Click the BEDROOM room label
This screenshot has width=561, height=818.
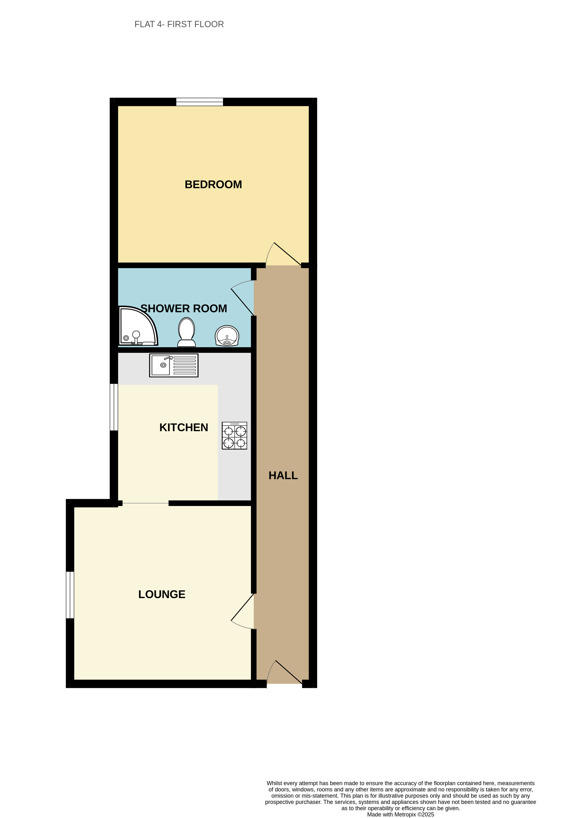pos(213,185)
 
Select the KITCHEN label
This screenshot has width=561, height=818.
pos(184,427)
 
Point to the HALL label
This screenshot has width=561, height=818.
pos(283,476)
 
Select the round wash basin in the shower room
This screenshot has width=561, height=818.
pos(227,335)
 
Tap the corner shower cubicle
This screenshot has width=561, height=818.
pos(137,327)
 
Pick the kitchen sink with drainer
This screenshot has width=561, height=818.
pos(174,365)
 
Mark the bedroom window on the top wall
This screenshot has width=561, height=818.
pos(199,102)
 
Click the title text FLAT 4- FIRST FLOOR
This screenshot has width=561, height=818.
pos(179,24)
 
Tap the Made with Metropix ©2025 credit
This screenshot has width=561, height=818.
pos(400,814)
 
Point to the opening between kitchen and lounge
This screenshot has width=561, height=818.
pos(146,503)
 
